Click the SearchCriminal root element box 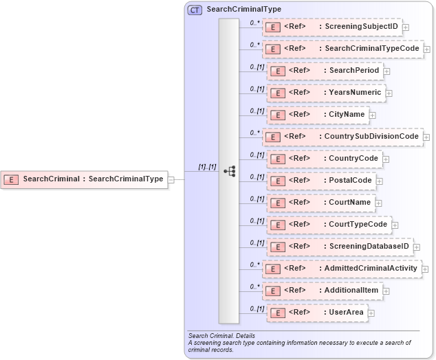pyautogui.click(x=85, y=179)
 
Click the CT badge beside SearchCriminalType pyautogui.click(x=195, y=10)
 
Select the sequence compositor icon pyautogui.click(x=229, y=171)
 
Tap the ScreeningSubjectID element pyautogui.click(x=333, y=27)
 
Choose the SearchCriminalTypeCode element pyautogui.click(x=343, y=49)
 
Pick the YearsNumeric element pyautogui.click(x=325, y=93)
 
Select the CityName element pyautogui.click(x=317, y=114)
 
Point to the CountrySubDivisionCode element pyautogui.click(x=342, y=137)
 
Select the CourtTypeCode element pyautogui.click(x=328, y=225)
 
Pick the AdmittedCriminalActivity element pyautogui.click(x=342, y=269)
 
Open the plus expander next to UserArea pyautogui.click(x=371, y=313)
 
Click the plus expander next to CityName pyautogui.click(x=373, y=115)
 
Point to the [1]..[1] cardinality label pyautogui.click(x=207, y=167)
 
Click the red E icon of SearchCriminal pyautogui.click(x=11, y=179)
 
